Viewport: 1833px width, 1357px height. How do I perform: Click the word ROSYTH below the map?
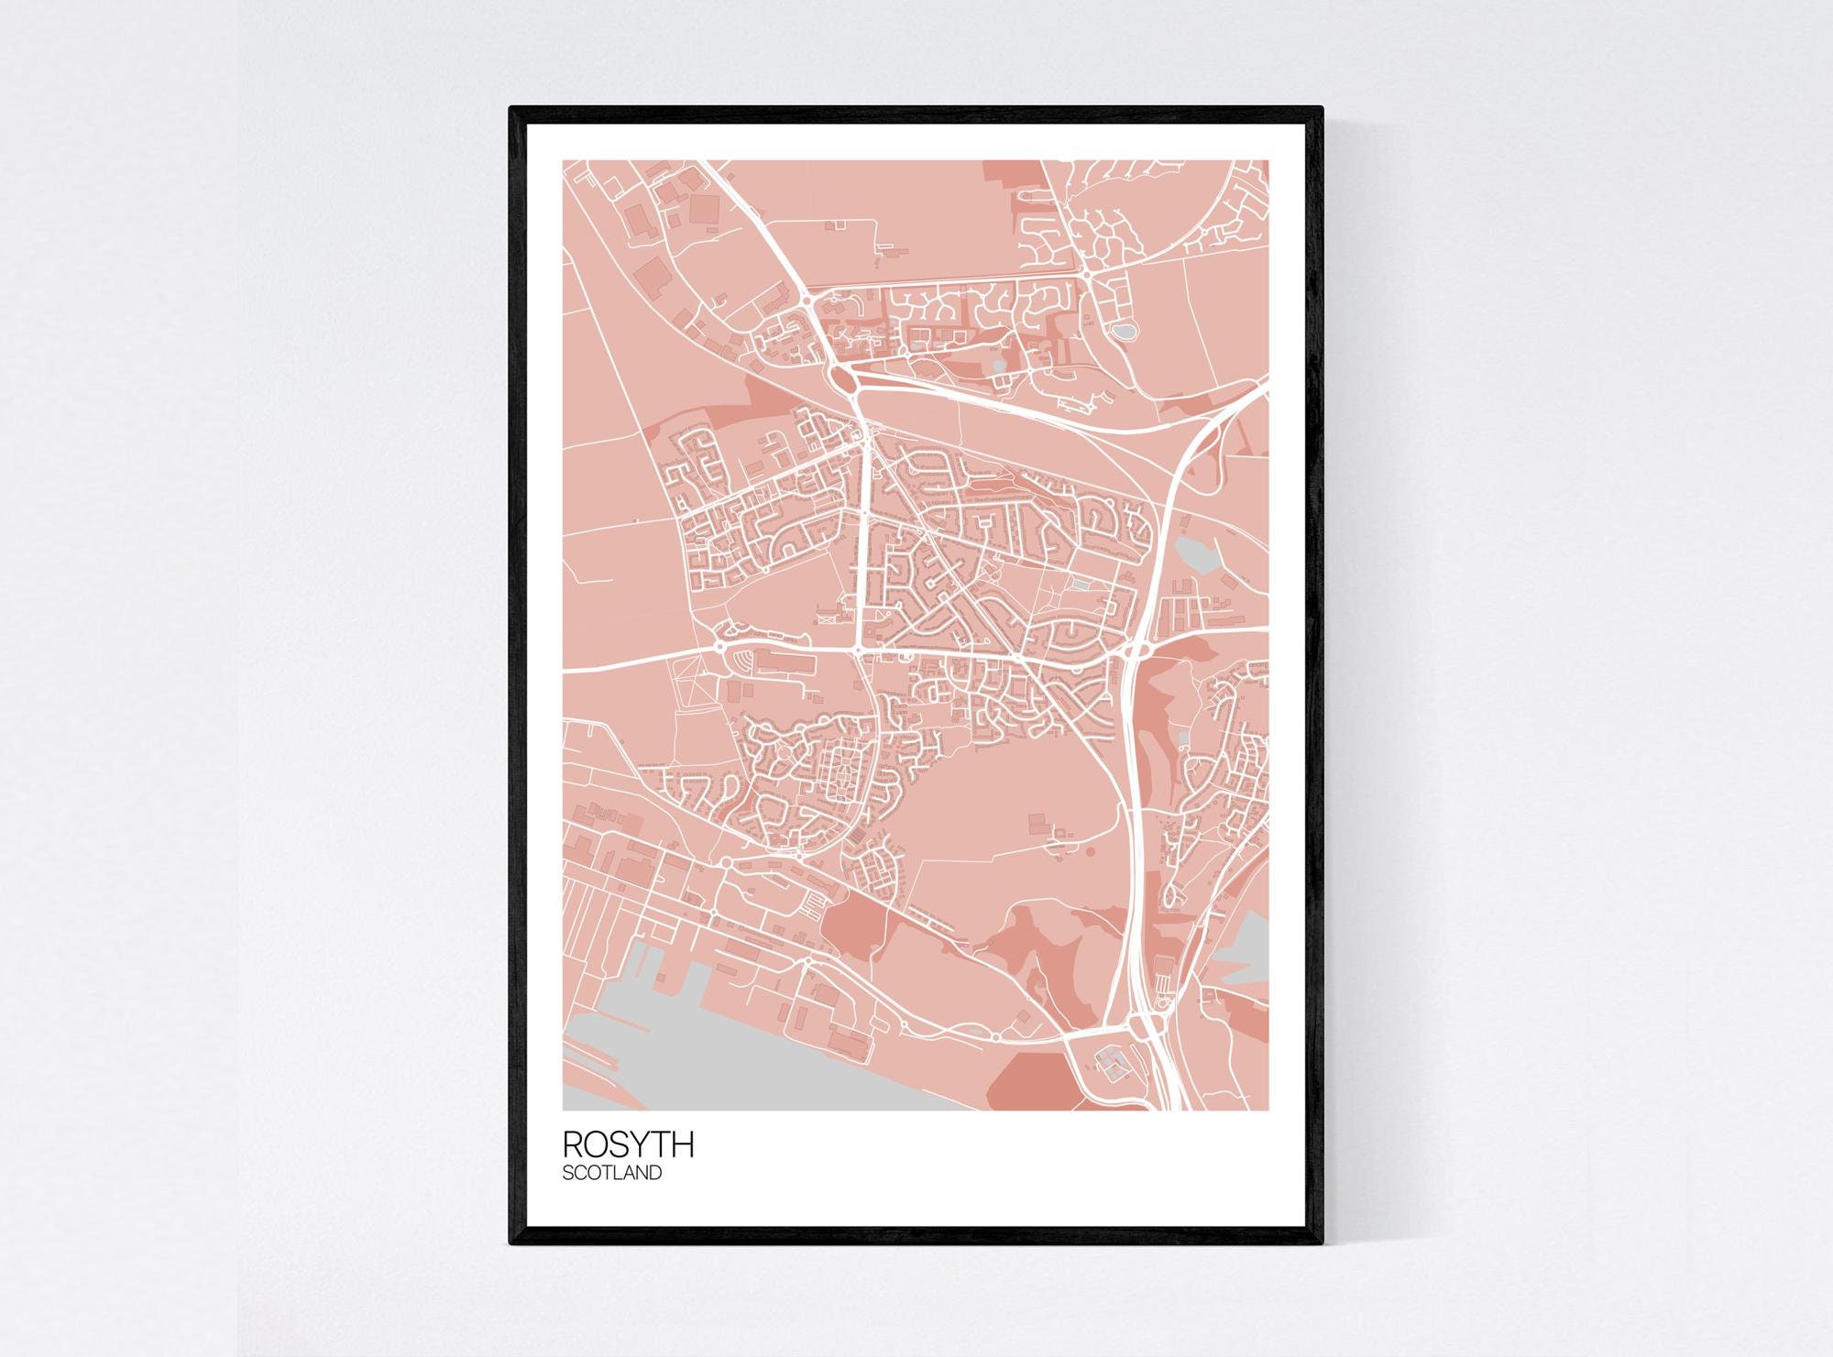[628, 1144]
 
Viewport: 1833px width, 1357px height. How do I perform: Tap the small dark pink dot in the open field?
[1091, 850]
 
